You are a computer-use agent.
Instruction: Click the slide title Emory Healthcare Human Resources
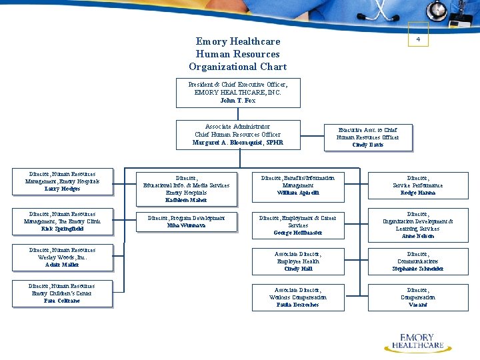[x=238, y=54]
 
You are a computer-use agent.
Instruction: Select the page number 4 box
[x=418, y=39]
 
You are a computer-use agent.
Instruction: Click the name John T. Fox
[x=238, y=101]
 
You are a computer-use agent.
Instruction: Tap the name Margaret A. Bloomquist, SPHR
[x=238, y=143]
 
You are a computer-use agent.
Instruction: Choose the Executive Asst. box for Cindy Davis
[x=368, y=137]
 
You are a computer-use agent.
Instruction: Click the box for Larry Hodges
[x=62, y=182]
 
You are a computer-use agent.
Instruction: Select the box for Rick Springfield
[x=62, y=222]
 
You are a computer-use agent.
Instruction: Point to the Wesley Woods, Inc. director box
[x=62, y=258]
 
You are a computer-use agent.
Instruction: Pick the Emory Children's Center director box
[x=62, y=294]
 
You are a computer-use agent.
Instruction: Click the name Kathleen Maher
[x=186, y=200]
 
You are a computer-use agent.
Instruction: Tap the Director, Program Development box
[x=187, y=222]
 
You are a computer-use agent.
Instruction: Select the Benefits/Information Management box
[x=298, y=185]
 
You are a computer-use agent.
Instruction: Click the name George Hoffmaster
[x=298, y=233]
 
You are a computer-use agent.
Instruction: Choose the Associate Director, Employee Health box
[x=298, y=261]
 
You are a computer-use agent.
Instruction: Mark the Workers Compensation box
[x=298, y=297]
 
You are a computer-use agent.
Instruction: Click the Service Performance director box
[x=418, y=185]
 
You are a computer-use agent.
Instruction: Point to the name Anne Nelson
[x=418, y=236]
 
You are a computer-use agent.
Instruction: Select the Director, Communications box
[x=418, y=261]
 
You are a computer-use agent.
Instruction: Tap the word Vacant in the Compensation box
[x=418, y=305]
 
